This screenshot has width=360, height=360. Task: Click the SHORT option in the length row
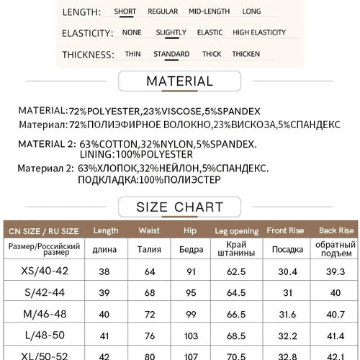click(126, 12)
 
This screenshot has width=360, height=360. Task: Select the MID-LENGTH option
click(210, 12)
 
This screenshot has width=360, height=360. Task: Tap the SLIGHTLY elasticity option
click(170, 32)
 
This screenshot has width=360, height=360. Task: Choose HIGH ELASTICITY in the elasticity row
click(259, 32)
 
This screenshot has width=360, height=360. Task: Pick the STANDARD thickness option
click(171, 54)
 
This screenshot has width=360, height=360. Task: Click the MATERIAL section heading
click(179, 81)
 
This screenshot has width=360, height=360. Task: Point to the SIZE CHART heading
click(179, 208)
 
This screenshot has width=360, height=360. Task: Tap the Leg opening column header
click(231, 230)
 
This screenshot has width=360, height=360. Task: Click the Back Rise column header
click(336, 230)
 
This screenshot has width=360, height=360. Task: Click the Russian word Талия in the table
click(149, 251)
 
